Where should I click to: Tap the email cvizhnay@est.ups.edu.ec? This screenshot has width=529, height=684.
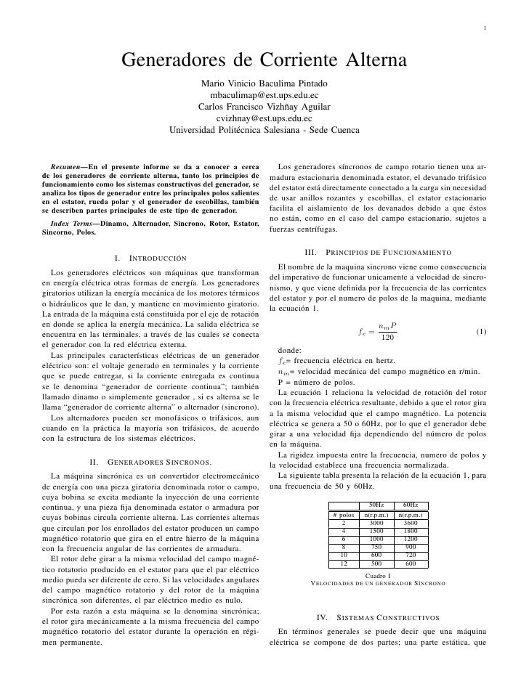coord(264,119)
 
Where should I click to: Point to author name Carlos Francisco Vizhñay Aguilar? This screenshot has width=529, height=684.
coord(264,107)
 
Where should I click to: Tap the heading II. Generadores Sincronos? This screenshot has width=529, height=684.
coord(150,463)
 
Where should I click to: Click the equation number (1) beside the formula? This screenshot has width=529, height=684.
coord(481,332)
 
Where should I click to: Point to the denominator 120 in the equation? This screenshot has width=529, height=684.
coord(387,338)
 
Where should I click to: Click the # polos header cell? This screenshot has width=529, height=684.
coord(343,515)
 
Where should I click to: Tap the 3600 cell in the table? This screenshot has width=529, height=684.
coord(410,523)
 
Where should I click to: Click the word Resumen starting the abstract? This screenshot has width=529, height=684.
coord(66,169)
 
